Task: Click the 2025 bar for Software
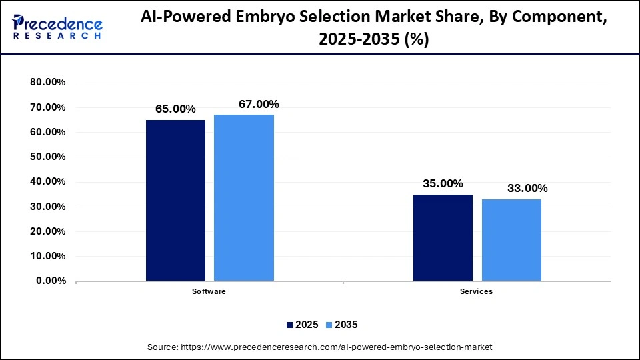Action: [175, 200]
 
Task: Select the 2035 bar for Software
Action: [243, 197]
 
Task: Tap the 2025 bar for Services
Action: [443, 237]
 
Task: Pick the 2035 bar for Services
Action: [511, 239]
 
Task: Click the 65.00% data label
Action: [175, 109]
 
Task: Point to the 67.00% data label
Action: [259, 104]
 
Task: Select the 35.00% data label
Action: [443, 183]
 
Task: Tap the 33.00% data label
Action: [527, 188]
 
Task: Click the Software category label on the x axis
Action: [209, 292]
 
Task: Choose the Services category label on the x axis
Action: [477, 292]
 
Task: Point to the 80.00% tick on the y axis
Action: [47, 83]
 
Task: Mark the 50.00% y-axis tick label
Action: [47, 157]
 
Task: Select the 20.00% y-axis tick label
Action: [47, 232]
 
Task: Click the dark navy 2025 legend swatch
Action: [290, 325]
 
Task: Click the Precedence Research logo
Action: [57, 27]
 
